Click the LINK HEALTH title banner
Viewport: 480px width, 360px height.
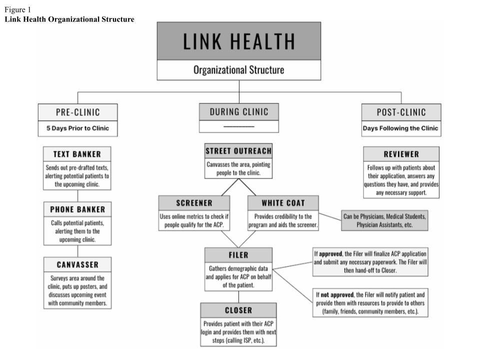point(239,41)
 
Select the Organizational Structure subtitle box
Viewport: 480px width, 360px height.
point(239,70)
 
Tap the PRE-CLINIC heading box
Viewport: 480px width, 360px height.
point(77,112)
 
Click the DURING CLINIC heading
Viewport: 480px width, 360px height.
point(238,111)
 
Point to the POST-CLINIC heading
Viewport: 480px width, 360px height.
point(401,112)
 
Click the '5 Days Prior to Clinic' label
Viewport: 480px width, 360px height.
point(77,128)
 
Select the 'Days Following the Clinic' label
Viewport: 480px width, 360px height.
point(401,128)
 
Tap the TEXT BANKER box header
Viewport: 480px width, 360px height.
point(77,154)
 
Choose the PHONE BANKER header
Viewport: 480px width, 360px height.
point(77,209)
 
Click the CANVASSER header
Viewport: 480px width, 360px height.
point(77,264)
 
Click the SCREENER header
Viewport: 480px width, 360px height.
point(194,203)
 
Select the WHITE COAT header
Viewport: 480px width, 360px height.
point(283,203)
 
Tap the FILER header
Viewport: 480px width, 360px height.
point(238,254)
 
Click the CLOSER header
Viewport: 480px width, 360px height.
point(238,310)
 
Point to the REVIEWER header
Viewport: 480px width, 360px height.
point(401,154)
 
